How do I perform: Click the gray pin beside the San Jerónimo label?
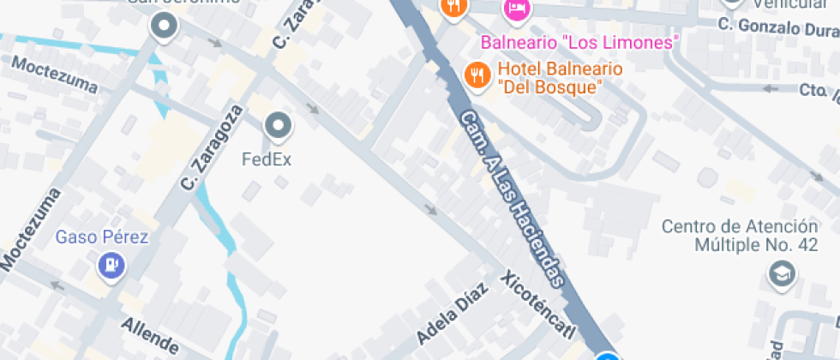(163, 27)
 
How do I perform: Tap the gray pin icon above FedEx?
(278, 128)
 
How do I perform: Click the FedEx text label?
(267, 159)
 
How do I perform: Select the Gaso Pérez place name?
(102, 237)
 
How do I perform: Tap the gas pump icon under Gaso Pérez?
(111, 266)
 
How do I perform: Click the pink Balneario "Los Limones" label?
(579, 42)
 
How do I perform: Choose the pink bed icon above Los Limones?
(518, 9)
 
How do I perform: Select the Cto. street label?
(818, 90)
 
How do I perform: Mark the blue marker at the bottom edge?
(608, 357)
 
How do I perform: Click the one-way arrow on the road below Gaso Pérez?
(58, 285)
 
